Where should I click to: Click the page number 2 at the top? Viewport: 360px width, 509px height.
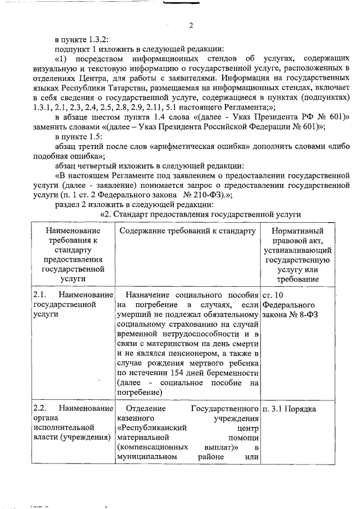191,26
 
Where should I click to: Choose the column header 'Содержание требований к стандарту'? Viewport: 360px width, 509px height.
187,231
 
